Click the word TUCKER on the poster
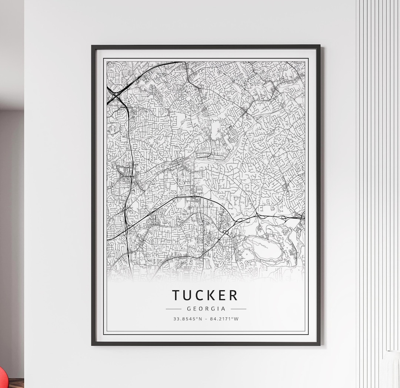point(205,295)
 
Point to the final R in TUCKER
point(233,295)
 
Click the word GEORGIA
point(206,309)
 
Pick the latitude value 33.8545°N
point(188,319)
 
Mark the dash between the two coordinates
point(206,319)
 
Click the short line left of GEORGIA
point(173,309)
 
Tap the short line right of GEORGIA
point(239,309)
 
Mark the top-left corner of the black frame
point(92,46)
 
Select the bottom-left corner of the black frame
point(92,345)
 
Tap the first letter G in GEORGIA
point(189,309)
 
